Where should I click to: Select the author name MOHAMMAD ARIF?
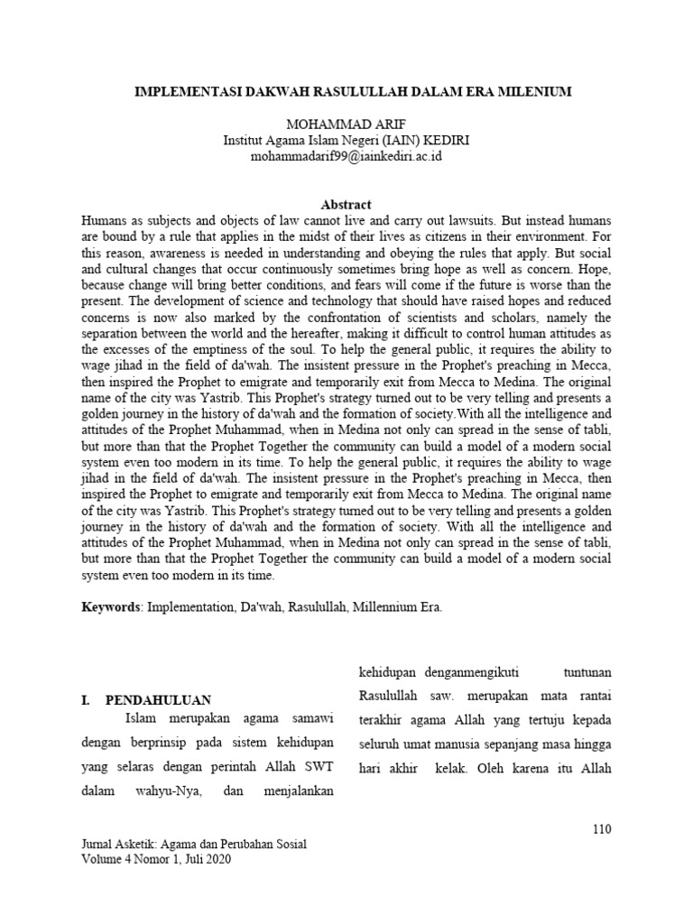[x=346, y=124]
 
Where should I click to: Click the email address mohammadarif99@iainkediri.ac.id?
[x=346, y=156]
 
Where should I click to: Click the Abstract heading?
[x=346, y=205]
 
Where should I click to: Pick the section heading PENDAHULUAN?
[x=158, y=699]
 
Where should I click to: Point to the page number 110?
[x=602, y=828]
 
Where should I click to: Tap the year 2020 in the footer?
[x=217, y=860]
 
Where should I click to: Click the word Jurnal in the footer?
[x=99, y=845]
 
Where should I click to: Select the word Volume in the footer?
[x=103, y=860]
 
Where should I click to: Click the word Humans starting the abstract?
[x=106, y=220]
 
